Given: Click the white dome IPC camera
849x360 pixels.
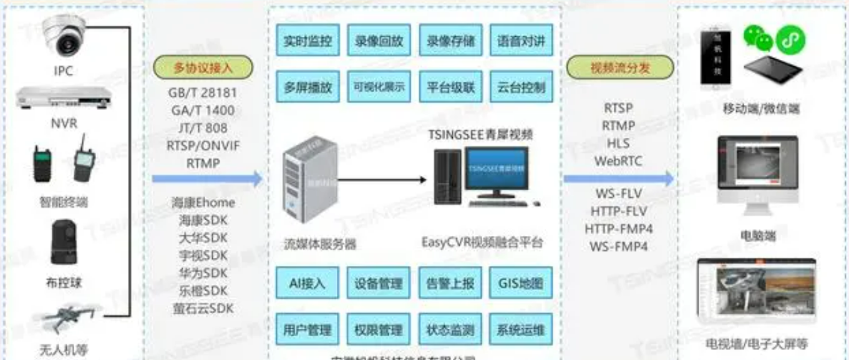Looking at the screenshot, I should click(64, 35).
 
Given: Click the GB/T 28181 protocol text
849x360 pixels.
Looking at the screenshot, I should click(203, 93).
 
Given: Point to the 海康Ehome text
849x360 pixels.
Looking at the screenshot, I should click(203, 203).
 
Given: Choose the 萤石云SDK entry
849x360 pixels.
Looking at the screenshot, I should click(203, 308).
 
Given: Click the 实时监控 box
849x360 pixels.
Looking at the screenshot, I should click(307, 42).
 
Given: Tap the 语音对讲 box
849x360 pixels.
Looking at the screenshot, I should click(521, 42).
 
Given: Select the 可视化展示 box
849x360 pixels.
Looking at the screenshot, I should click(379, 87).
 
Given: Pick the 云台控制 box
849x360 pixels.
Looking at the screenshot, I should click(521, 87).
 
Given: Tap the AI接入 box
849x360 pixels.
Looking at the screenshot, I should click(307, 283).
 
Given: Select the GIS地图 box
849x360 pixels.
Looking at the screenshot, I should click(521, 283).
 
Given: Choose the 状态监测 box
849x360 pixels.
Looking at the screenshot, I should click(450, 329).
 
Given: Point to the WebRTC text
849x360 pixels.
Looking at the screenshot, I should click(618, 161).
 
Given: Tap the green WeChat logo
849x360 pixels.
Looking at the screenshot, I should click(758, 39).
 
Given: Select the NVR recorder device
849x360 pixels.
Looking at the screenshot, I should click(64, 99).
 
